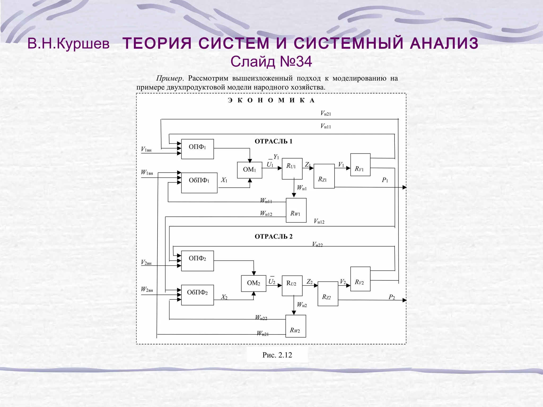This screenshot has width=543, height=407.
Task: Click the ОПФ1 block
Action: pos(197,149)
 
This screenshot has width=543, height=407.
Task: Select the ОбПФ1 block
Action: pos(199,183)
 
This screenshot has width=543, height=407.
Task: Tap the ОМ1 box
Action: pos(249,170)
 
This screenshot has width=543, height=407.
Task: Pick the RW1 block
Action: pos(296,210)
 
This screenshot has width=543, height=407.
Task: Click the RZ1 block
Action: pos(324,176)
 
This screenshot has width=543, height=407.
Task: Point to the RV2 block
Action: pos(360,279)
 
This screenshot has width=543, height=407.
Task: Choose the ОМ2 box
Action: pos(253,283)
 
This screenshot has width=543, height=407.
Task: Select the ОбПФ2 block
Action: pos(197,295)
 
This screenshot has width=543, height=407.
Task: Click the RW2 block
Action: pos(295,326)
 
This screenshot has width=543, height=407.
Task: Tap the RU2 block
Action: pos(292,286)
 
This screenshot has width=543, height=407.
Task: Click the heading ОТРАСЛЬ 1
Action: pos(273,141)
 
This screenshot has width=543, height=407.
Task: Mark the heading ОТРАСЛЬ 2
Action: pos(273,237)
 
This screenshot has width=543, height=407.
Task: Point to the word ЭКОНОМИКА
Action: pos(271,100)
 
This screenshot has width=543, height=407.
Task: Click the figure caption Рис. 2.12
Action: pos(277,355)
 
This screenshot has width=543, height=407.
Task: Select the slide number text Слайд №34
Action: pos(271,62)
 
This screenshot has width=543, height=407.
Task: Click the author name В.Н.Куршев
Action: pos(68,44)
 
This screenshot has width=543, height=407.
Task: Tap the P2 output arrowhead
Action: pos(404,300)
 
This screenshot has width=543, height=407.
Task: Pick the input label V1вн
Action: pos(146,149)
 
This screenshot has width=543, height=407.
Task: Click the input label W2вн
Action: pos(147,289)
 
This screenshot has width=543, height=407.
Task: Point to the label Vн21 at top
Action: pos(326,114)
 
